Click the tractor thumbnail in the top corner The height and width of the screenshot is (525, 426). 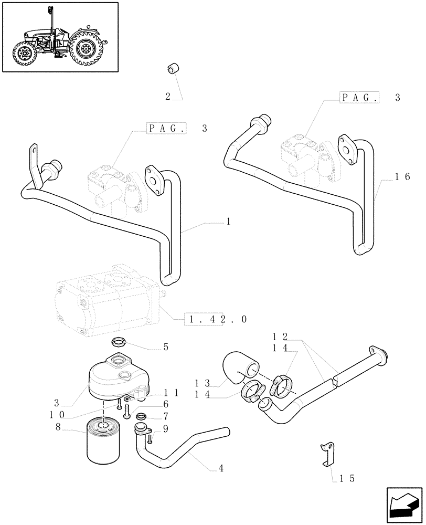click(x=59, y=37)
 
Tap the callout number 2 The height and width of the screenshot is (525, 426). click(x=168, y=96)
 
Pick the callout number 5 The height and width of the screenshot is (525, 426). click(x=166, y=346)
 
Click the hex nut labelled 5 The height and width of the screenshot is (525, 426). click(x=119, y=343)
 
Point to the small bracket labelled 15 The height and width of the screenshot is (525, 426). click(x=327, y=453)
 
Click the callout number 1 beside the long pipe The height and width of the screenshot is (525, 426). click(x=228, y=222)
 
